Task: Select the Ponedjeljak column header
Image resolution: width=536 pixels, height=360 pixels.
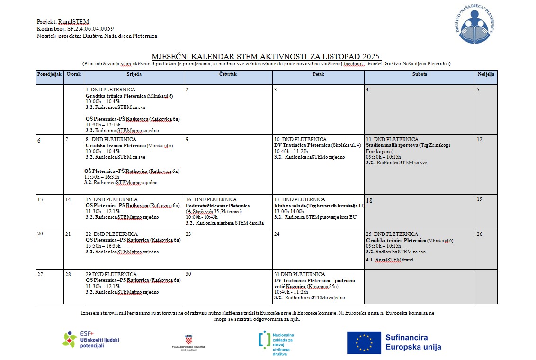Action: (x=49, y=74)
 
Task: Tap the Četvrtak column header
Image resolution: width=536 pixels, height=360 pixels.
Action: (x=228, y=74)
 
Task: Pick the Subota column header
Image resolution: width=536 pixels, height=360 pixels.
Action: (x=420, y=74)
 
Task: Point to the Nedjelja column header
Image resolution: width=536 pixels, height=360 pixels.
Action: (x=486, y=74)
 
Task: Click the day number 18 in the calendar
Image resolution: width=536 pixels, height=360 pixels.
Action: (x=369, y=201)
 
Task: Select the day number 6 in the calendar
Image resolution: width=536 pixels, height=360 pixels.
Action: (x=39, y=141)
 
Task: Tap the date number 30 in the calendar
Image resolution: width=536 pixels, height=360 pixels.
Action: (x=188, y=274)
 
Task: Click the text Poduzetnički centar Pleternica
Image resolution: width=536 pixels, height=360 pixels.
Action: (x=217, y=206)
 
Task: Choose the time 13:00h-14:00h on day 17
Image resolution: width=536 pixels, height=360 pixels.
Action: (x=289, y=211)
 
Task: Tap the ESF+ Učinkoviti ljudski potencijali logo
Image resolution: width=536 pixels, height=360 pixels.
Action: (x=90, y=340)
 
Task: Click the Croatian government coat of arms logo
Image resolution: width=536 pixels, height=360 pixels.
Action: (x=188, y=339)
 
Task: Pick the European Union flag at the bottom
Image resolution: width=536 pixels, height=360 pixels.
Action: (x=364, y=343)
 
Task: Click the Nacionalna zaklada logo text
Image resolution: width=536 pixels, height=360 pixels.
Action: (x=283, y=343)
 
